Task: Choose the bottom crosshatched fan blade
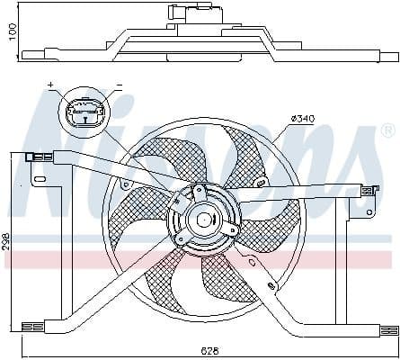(216, 288)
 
